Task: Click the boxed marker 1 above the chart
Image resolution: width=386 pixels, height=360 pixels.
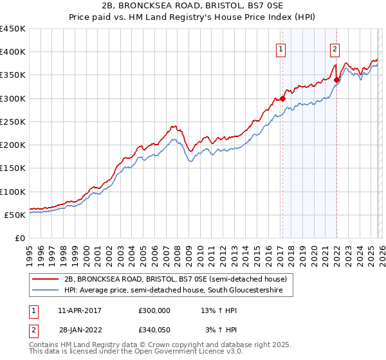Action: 281,47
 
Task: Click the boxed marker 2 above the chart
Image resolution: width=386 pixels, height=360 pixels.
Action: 335,47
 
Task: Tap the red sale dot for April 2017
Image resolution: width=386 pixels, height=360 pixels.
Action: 282,98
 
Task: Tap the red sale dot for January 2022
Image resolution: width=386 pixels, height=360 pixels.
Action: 336,80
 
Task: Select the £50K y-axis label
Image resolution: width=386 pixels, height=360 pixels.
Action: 15,215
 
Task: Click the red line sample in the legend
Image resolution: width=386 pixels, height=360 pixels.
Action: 46,280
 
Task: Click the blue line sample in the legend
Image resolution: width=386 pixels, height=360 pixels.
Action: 46,291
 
